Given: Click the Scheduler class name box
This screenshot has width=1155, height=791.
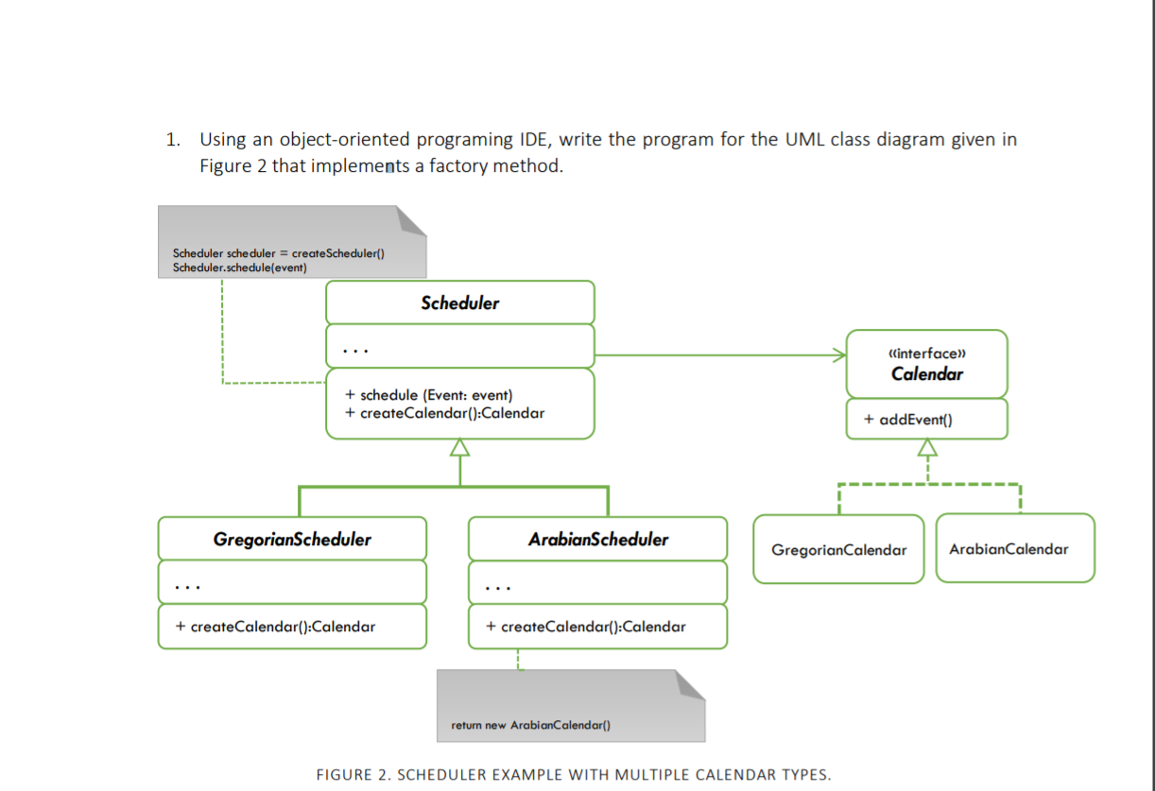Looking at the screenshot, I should pos(460,303).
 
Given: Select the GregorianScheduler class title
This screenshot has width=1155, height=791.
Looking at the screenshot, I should pos(292,540).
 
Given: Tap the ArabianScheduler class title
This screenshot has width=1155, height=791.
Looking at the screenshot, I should pos(597,540).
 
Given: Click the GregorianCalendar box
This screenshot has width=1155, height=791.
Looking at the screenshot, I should pos(838,550).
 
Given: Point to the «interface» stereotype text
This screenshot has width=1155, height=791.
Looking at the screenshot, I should pos(926,353).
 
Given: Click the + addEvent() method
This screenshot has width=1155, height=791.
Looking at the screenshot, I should pos(914,420).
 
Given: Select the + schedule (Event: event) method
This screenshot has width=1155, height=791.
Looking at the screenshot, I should pos(429,395).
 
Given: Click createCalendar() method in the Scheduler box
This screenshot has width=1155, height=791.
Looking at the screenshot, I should pos(444,413).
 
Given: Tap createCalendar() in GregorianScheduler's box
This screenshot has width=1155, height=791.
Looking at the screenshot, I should pos(275,627).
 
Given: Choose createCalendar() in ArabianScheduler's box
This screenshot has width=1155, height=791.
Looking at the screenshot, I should pos(585,627).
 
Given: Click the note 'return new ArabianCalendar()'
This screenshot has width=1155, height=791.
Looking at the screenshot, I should pos(531,725).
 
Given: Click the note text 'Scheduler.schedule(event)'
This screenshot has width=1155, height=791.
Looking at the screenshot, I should pos(239,266).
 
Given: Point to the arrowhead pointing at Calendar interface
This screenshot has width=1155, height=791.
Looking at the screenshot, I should pos(838,355).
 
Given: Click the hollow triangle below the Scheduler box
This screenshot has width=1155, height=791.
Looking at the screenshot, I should pos(460,448).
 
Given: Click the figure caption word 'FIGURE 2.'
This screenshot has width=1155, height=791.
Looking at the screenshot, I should pos(348,775).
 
